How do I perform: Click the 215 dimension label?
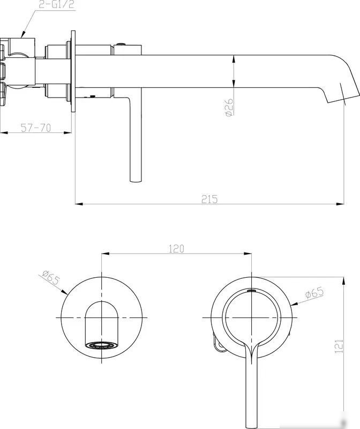tap(209, 199)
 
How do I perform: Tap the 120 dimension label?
tap(176, 249)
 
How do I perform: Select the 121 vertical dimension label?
tap(339, 346)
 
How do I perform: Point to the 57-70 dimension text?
tap(36, 128)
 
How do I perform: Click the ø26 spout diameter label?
tap(230, 108)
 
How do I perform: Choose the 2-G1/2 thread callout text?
tap(56, 5)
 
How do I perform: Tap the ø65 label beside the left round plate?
tap(51, 277)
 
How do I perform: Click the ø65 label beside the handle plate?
tap(314, 293)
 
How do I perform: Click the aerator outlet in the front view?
tap(101, 345)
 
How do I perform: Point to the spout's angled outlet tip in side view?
tap(343, 98)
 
